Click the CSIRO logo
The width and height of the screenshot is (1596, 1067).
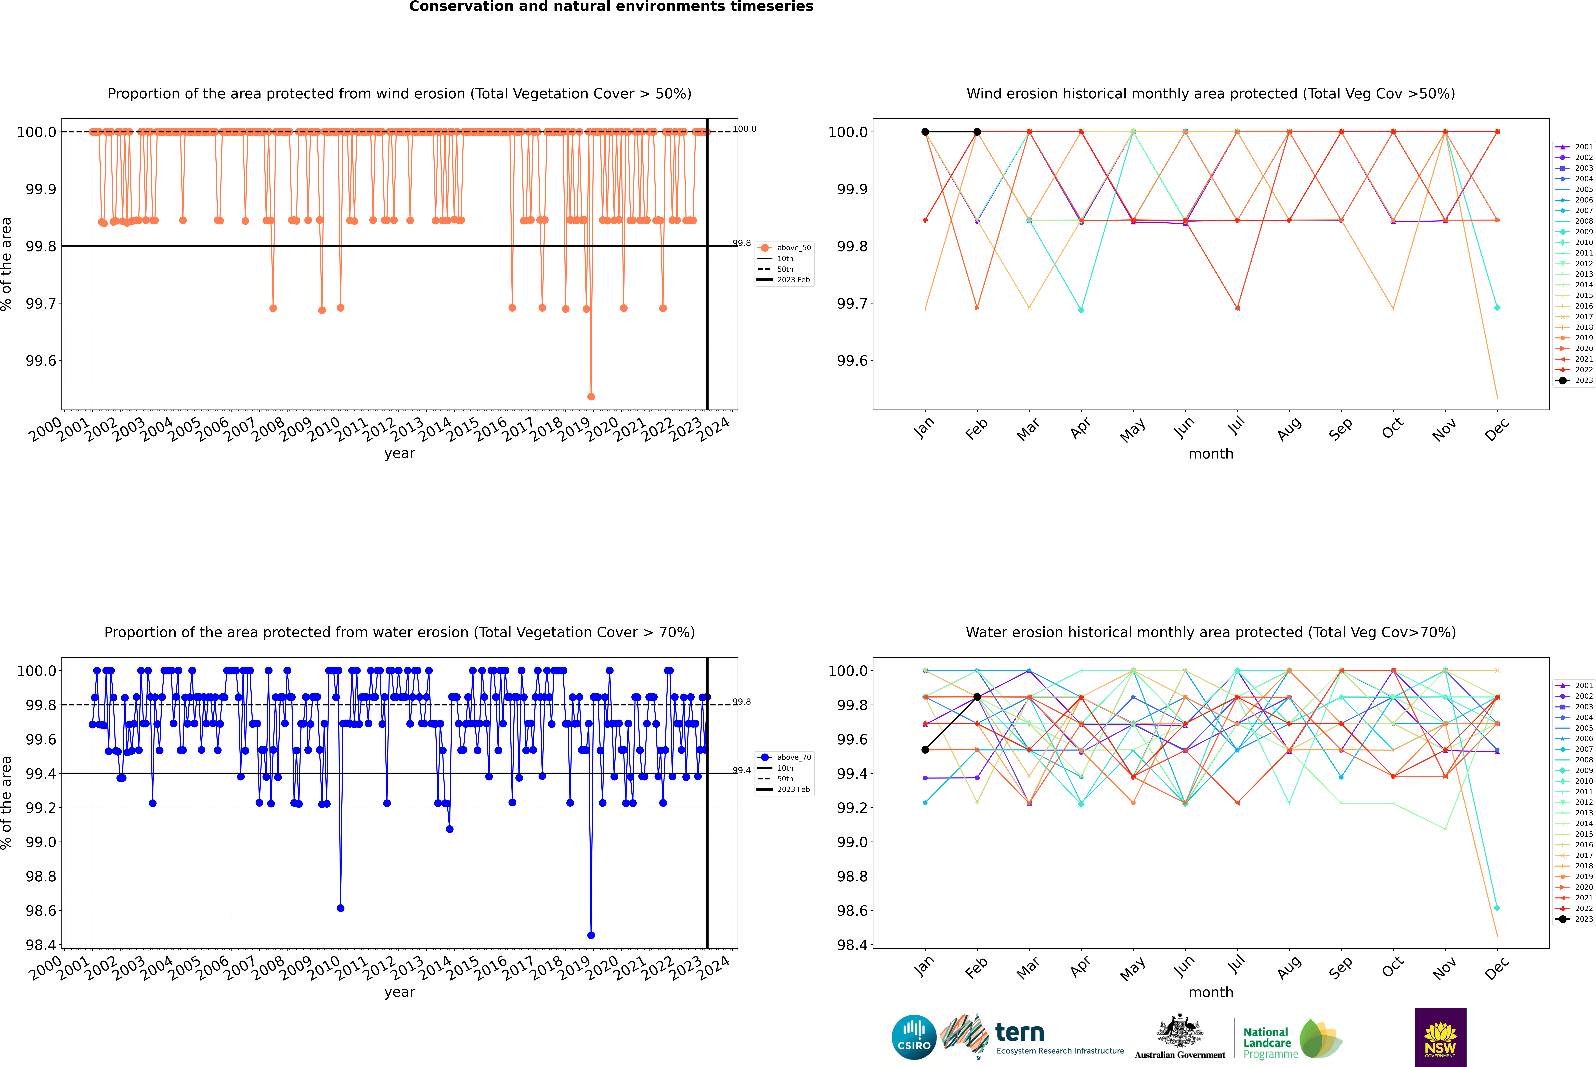914,1037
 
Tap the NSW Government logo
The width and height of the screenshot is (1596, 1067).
1440,1037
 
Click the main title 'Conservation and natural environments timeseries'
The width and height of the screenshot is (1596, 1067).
611,7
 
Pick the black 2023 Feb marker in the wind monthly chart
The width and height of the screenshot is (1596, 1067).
977,132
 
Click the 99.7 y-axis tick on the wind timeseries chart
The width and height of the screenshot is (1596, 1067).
41,303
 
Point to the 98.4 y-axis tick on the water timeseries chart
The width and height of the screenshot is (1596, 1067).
41,945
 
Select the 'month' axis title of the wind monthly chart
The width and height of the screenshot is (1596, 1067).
1210,454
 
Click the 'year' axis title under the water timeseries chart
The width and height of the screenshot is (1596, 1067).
399,992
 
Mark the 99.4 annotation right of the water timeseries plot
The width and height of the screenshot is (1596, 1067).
742,770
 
